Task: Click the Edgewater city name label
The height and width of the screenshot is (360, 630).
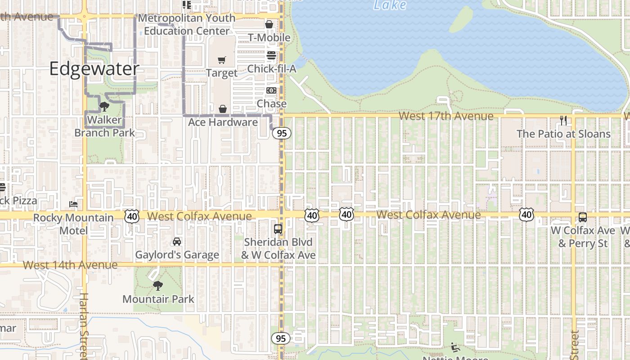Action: (94, 69)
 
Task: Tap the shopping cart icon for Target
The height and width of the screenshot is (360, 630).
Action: (221, 60)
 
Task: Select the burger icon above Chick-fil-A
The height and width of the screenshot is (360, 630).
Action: (271, 55)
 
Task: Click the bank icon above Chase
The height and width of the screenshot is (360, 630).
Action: (271, 90)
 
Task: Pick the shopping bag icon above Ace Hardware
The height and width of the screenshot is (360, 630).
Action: (222, 109)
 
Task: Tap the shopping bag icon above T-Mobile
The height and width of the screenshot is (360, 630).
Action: (269, 24)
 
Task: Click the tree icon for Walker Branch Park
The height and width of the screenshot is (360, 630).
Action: (104, 107)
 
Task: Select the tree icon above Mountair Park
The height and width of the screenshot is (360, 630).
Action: (157, 285)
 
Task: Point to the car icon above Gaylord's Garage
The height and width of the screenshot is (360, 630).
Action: (177, 242)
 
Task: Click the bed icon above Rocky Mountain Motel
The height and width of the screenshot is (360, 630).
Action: (73, 204)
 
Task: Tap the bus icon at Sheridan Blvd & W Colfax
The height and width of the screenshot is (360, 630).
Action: (278, 229)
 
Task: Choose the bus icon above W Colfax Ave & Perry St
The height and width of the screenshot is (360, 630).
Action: (583, 217)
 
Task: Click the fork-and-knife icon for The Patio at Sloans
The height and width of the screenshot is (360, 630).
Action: (563, 120)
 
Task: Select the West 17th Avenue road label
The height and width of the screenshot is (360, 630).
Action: (446, 116)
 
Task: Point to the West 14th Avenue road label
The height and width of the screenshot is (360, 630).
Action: (70, 265)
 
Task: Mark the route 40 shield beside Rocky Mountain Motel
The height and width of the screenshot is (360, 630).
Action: (132, 216)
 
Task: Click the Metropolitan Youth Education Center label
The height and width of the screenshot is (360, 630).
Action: (187, 24)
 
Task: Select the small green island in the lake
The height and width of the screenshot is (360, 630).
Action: (461, 19)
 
